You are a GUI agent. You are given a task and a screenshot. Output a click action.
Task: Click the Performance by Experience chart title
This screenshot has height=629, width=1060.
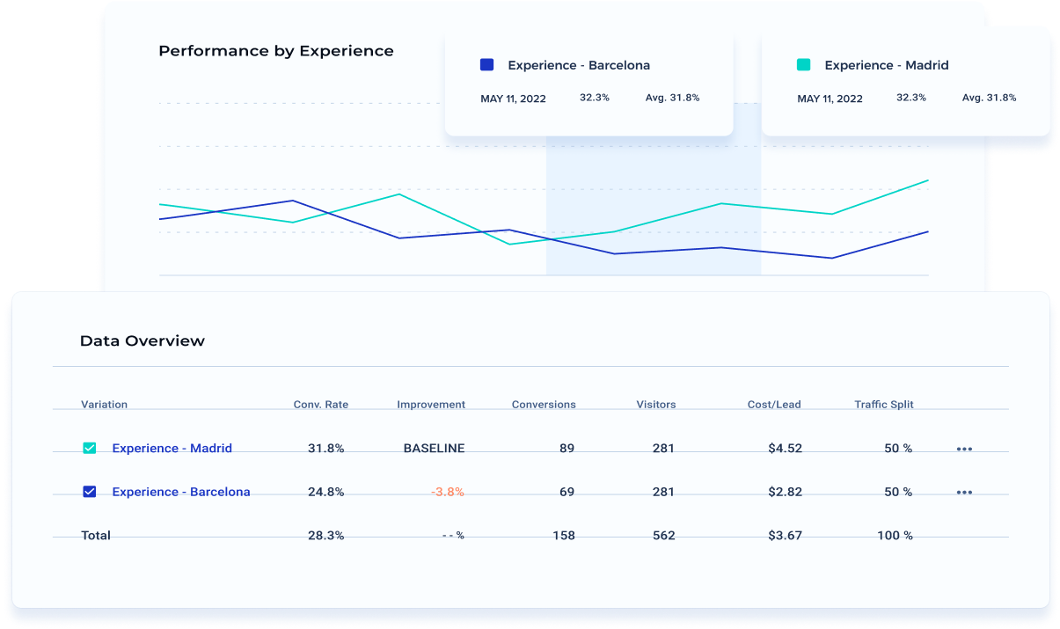(x=275, y=51)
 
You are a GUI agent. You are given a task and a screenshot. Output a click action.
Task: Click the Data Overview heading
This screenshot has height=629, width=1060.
(x=142, y=341)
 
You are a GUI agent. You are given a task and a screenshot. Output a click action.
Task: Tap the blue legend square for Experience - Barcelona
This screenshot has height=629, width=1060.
(x=486, y=65)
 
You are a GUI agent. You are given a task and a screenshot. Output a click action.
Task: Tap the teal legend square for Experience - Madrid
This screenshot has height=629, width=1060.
(x=803, y=65)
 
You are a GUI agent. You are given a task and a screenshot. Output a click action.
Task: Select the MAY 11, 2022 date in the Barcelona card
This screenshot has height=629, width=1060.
(x=513, y=99)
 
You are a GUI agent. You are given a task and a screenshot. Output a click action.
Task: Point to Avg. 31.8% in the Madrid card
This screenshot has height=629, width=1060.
(x=989, y=98)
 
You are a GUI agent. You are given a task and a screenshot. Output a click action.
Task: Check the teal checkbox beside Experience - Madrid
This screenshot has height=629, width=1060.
(x=90, y=449)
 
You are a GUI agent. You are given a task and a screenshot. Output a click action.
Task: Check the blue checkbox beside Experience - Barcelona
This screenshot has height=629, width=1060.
(x=90, y=493)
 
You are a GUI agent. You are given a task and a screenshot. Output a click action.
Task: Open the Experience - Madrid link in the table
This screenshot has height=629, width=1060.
(x=172, y=449)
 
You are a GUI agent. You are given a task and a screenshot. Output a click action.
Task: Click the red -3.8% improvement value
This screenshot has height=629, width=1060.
(x=448, y=493)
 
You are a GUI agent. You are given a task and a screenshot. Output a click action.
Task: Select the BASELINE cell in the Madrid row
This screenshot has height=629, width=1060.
(x=434, y=449)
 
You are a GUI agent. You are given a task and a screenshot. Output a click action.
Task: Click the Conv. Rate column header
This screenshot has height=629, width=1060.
(x=320, y=405)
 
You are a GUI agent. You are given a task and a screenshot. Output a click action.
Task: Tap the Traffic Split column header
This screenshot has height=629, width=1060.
(x=883, y=405)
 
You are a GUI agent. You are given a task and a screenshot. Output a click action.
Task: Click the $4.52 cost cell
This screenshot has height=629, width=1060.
(x=785, y=449)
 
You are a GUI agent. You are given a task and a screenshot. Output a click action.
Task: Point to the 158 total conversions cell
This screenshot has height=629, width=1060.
(x=563, y=536)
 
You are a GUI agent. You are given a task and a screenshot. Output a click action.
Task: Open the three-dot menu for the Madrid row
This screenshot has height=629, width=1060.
(x=964, y=450)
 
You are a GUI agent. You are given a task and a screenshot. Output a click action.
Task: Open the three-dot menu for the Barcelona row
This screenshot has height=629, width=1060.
(x=964, y=494)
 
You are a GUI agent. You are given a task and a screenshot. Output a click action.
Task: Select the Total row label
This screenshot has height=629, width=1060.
(x=96, y=536)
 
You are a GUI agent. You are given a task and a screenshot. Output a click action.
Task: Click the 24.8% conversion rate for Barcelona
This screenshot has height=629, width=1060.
(x=325, y=493)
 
